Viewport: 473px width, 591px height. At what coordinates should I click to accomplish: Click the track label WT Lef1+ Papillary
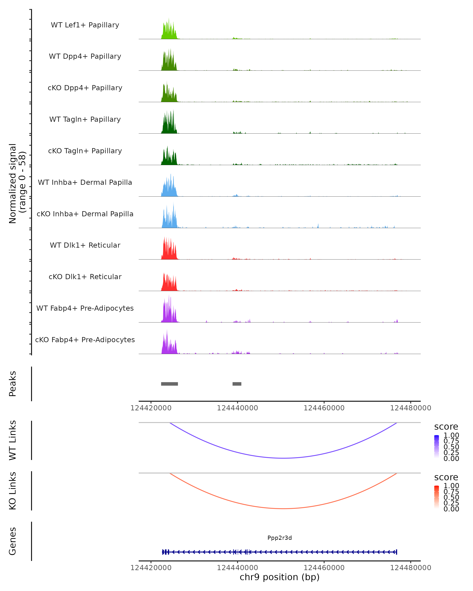point(85,25)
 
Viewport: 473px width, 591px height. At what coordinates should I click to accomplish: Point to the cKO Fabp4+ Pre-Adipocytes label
point(85,340)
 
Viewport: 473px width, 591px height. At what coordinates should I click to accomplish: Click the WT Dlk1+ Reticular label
point(85,245)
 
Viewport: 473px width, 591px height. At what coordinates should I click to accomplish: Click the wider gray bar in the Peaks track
point(169,384)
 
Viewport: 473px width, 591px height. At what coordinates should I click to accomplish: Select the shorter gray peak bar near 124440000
point(237,384)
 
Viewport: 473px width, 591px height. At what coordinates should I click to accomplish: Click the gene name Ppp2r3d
point(279,538)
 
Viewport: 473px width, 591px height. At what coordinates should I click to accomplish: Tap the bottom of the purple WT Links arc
point(284,458)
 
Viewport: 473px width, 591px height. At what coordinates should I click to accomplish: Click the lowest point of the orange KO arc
point(284,508)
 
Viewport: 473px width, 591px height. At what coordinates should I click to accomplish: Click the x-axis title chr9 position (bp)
point(279,577)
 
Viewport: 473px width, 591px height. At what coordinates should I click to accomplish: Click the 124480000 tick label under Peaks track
point(411,408)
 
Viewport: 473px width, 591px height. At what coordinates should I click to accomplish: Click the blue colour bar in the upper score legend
point(437,447)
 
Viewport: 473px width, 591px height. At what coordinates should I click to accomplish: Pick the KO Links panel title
point(13,491)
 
